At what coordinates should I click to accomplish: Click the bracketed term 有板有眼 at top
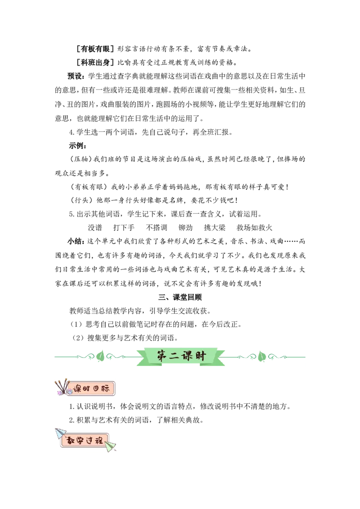pyautogui.click(x=95, y=49)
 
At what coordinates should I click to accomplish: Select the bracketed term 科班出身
pyautogui.click(x=95, y=63)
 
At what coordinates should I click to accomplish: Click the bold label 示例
pyautogui.click(x=77, y=146)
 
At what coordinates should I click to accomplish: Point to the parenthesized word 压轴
pyautogui.click(x=81, y=159)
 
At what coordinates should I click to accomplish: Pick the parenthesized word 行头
pyautogui.click(x=81, y=200)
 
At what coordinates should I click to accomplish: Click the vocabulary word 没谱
pyautogui.click(x=95, y=228)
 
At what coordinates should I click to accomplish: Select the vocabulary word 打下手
pyautogui.click(x=124, y=228)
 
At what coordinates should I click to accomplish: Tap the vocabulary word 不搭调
pyautogui.click(x=157, y=228)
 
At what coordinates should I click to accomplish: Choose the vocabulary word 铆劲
pyautogui.click(x=185, y=228)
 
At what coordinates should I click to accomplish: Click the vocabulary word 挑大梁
pyautogui.click(x=215, y=228)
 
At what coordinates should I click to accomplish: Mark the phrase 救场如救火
pyautogui.click(x=254, y=228)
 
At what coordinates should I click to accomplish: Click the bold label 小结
pyautogui.click(x=75, y=241)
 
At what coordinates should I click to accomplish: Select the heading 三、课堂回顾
pyautogui.click(x=180, y=297)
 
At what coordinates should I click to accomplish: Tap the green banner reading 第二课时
pyautogui.click(x=180, y=357)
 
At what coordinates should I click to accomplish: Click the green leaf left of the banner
pyautogui.click(x=101, y=356)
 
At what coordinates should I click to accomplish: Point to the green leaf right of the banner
pyautogui.click(x=261, y=356)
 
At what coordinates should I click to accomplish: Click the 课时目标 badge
pyautogui.click(x=85, y=388)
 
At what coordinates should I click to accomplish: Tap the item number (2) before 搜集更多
pyautogui.click(x=78, y=338)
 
